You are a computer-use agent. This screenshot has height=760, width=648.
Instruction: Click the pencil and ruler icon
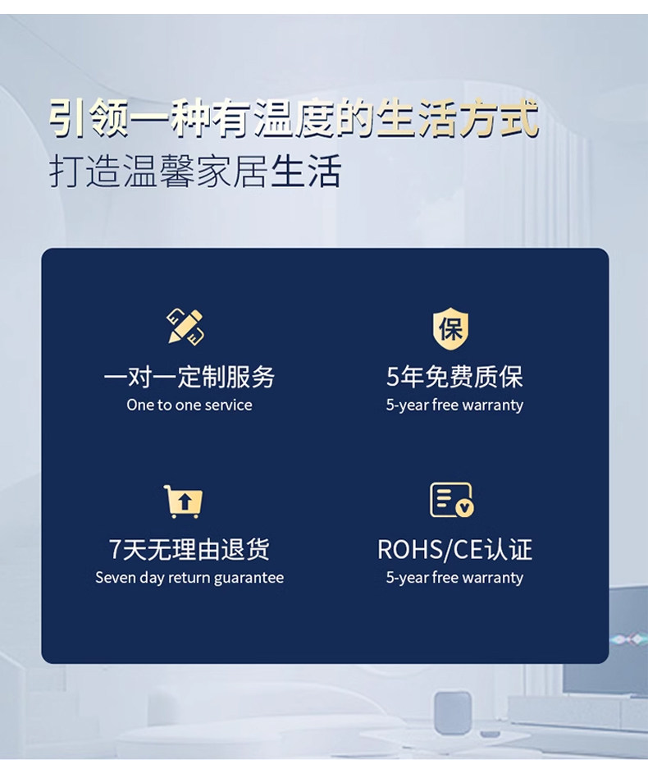click(x=185, y=327)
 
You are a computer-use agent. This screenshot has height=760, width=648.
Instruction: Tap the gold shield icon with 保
click(x=450, y=328)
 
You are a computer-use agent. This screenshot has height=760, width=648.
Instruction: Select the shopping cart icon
click(x=184, y=501)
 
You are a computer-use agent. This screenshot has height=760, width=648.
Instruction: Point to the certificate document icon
click(x=452, y=500)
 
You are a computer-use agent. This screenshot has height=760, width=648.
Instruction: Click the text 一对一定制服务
click(x=189, y=377)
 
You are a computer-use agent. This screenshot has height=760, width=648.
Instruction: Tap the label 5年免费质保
click(x=454, y=377)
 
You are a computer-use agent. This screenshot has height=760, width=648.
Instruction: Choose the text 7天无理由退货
click(x=189, y=549)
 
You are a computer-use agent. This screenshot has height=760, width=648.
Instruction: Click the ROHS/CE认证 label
click(x=454, y=549)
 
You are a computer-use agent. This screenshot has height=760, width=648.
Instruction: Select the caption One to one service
click(x=189, y=405)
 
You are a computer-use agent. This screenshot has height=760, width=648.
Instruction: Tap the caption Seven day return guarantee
click(x=189, y=578)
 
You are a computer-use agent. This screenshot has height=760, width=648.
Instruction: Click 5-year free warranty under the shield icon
click(x=454, y=405)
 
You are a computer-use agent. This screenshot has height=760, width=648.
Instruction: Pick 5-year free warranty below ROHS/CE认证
click(x=454, y=578)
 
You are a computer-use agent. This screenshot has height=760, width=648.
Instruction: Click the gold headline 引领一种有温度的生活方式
click(x=294, y=118)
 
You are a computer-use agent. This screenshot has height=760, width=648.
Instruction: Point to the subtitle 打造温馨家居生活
click(x=195, y=171)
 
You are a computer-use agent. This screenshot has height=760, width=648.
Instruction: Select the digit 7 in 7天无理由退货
click(x=116, y=550)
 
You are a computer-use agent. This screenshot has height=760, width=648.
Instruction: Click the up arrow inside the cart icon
click(x=185, y=501)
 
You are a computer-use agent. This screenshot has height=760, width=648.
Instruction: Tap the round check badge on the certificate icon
click(x=465, y=508)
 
